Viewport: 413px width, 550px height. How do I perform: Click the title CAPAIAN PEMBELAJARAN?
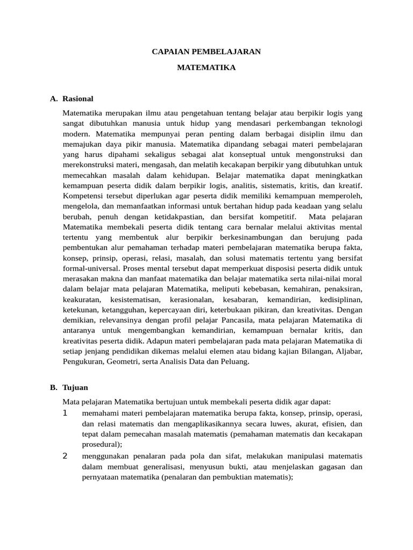pyautogui.click(x=206, y=52)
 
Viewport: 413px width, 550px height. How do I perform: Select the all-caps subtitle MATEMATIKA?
pyautogui.click(x=206, y=68)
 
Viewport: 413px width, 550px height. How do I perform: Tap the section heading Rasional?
pyautogui.click(x=78, y=99)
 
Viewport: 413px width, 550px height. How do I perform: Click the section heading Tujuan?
pyautogui.click(x=75, y=387)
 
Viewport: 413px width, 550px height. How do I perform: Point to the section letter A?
pyautogui.click(x=53, y=99)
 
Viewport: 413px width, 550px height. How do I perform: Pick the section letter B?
pyautogui.click(x=53, y=387)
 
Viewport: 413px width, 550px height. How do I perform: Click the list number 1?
pyautogui.click(x=65, y=413)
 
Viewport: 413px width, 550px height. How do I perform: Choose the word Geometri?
pyautogui.click(x=123, y=361)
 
